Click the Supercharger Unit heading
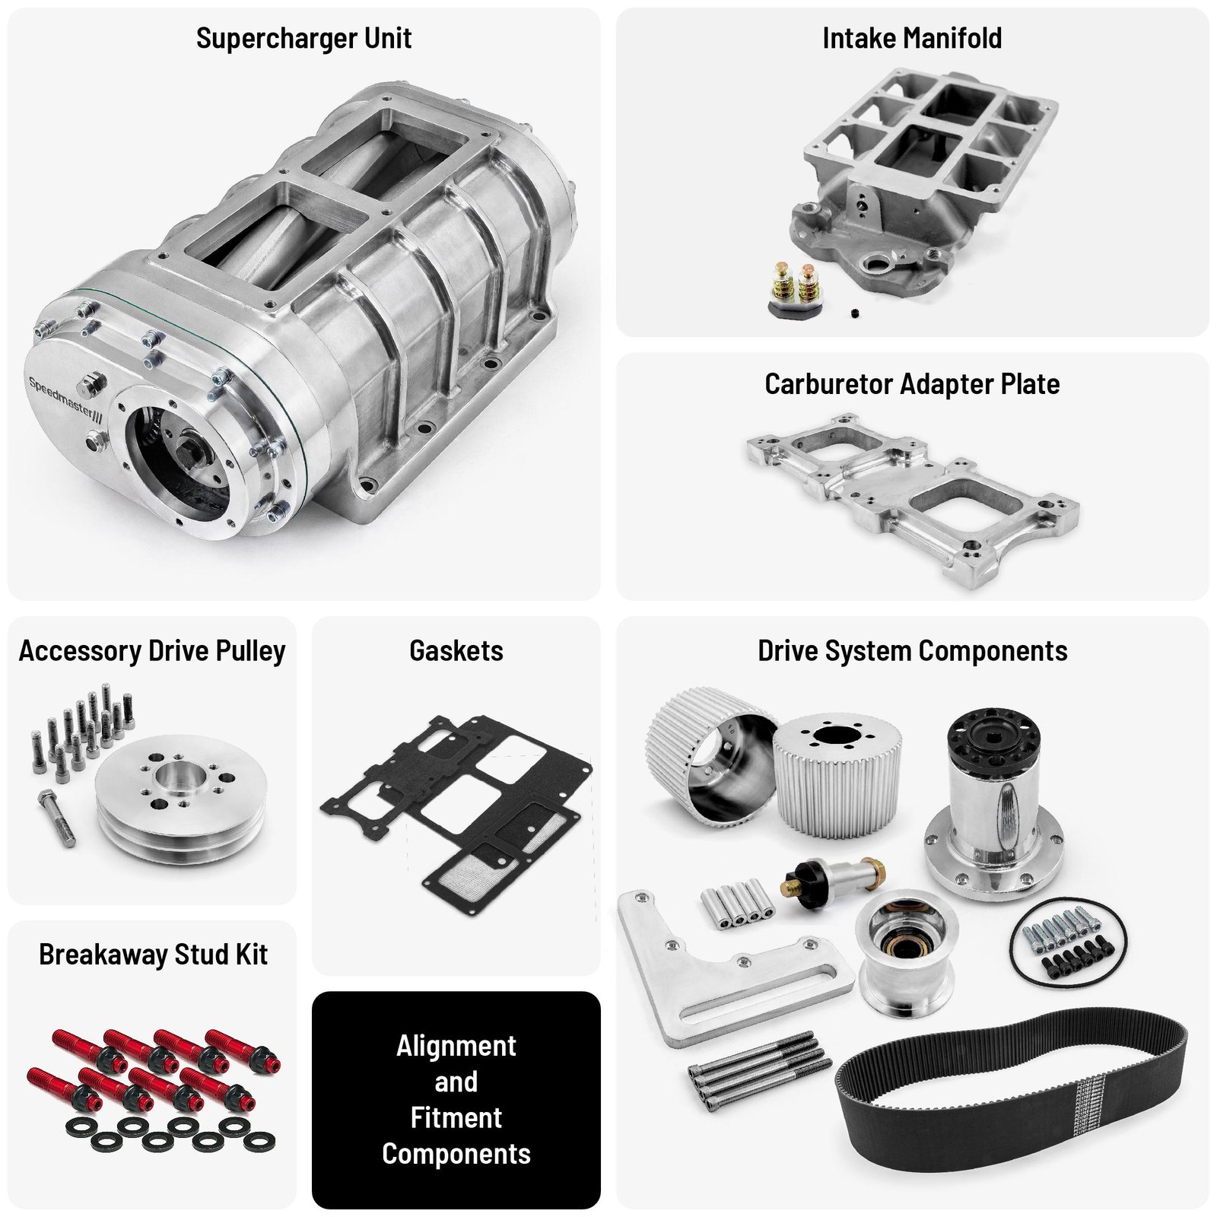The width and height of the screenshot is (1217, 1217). [303, 38]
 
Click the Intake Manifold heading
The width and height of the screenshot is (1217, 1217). [912, 38]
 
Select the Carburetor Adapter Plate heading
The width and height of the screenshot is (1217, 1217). [912, 384]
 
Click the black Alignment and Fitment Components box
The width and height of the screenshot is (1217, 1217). [456, 1100]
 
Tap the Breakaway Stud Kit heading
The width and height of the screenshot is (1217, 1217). [153, 955]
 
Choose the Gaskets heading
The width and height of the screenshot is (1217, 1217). [456, 651]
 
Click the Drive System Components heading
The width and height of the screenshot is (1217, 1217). [913, 651]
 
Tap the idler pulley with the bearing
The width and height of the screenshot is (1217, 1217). [905, 951]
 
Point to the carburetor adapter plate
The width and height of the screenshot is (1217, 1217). [913, 498]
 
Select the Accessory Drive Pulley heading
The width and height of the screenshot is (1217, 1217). [152, 651]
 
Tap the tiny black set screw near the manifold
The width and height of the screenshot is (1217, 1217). [855, 313]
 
